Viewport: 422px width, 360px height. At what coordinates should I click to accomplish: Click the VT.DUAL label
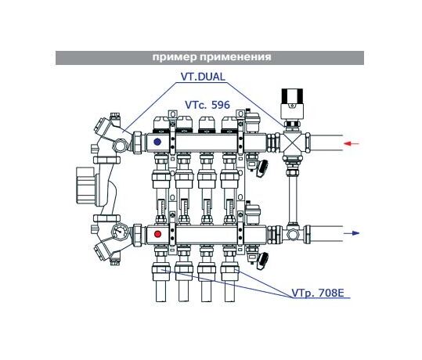203,77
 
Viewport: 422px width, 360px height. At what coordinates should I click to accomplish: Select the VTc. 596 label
207,105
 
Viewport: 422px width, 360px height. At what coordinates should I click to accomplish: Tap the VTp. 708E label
318,293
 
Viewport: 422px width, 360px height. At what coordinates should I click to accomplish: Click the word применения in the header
236,57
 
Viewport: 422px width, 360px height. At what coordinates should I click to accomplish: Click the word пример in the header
175,58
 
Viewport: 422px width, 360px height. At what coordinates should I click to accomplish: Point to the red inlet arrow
352,144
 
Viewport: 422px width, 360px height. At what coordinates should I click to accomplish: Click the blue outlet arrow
352,233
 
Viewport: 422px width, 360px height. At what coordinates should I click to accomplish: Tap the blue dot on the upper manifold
157,142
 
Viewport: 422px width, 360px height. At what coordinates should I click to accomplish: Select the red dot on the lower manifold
157,234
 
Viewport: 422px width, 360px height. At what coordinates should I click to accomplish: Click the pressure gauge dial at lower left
119,232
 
